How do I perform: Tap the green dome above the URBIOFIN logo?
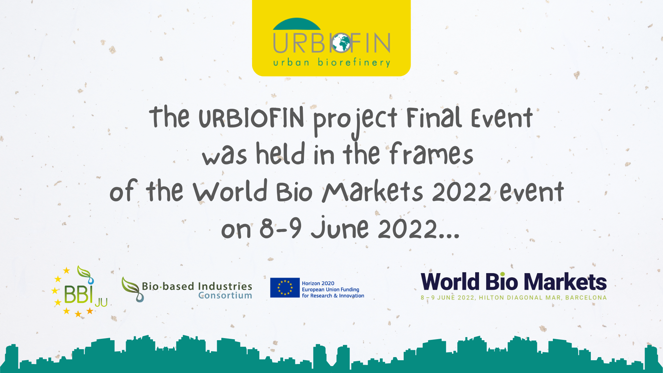point(297,24)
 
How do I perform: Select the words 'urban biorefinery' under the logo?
point(331,63)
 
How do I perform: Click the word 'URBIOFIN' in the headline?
point(251,117)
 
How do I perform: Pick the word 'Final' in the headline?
point(434,117)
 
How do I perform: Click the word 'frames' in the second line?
point(431,154)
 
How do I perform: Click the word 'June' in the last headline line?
point(340,228)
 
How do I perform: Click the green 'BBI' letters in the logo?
point(79,294)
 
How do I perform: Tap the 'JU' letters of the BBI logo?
point(101,303)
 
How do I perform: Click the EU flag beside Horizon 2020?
point(285,288)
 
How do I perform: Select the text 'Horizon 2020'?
point(318,283)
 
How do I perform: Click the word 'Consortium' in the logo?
point(225,296)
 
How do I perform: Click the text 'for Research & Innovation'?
point(333,296)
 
